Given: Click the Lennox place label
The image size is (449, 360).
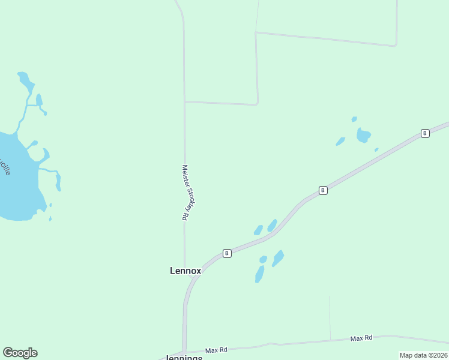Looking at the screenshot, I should (185, 271).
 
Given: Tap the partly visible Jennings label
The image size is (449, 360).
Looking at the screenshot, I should (184, 357).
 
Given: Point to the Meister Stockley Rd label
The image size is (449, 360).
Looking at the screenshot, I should (188, 193).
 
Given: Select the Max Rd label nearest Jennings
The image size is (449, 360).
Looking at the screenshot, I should (216, 350).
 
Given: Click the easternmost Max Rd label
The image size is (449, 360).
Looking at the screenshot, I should (361, 338).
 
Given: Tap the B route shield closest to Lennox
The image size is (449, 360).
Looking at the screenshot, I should (227, 253).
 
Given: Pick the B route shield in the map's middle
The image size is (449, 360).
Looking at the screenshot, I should (323, 190).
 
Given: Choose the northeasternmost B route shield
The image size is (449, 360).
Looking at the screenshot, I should (425, 133).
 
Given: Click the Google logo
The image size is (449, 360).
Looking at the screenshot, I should (20, 353).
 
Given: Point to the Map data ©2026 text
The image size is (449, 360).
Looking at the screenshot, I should (423, 355).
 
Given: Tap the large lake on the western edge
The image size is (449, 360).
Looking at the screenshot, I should (15, 180).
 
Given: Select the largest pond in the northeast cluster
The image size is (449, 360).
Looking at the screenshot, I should (363, 135).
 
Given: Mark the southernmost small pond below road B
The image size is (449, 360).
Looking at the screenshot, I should (260, 274).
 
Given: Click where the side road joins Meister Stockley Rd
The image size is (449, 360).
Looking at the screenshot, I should (185, 102).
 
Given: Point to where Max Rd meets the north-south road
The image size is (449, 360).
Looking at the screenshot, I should (185, 352).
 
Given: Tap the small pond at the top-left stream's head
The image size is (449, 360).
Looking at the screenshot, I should (24, 78).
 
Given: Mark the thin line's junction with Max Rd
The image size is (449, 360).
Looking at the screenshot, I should (330, 341).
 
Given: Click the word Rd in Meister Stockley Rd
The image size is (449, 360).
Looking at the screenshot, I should (185, 215).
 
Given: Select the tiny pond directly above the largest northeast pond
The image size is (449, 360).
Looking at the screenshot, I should (354, 119).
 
